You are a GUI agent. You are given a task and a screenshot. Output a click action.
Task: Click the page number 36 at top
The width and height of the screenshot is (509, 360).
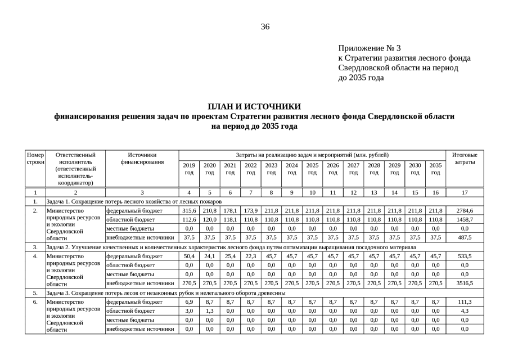[265, 27]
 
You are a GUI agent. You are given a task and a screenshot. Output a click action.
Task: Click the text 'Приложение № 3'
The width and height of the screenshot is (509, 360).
[370, 48]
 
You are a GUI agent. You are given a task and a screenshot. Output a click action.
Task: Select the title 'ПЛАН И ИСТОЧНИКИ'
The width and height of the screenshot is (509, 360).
[254, 106]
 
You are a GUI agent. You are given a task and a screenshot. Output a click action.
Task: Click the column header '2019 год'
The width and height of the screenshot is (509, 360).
[189, 169]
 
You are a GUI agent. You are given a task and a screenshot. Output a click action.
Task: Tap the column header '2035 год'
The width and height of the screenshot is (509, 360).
[435, 169]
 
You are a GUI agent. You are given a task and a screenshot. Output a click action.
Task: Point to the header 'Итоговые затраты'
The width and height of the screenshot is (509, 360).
[465, 158]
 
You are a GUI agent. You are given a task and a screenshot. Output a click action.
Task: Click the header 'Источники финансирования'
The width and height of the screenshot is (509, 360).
[142, 158]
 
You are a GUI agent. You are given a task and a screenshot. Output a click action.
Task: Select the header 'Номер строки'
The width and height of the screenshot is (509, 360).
[35, 158]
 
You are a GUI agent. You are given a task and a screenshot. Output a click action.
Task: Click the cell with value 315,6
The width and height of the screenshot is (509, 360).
[189, 210]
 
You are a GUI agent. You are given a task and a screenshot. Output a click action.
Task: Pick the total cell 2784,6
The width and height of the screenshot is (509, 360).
[465, 210]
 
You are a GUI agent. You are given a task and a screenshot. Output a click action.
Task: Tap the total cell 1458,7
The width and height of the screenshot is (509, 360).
[465, 219]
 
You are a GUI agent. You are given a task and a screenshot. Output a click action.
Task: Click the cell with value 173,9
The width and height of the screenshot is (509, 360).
[251, 210]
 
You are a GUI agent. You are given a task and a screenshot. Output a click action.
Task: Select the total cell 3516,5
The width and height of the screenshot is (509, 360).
[465, 283]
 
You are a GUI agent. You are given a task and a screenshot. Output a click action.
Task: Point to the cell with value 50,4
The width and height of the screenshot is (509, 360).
[189, 256]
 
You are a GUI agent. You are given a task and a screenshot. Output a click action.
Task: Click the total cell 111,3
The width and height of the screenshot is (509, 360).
[465, 302]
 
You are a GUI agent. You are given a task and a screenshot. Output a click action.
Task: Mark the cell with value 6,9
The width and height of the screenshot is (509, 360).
[189, 302]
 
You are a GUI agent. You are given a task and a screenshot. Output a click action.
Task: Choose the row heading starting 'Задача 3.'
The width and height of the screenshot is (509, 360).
[166, 292]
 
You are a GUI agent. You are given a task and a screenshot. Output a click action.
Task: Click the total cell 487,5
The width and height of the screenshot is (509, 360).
[465, 237]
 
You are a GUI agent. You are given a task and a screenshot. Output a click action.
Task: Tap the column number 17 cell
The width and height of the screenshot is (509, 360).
[465, 192]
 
